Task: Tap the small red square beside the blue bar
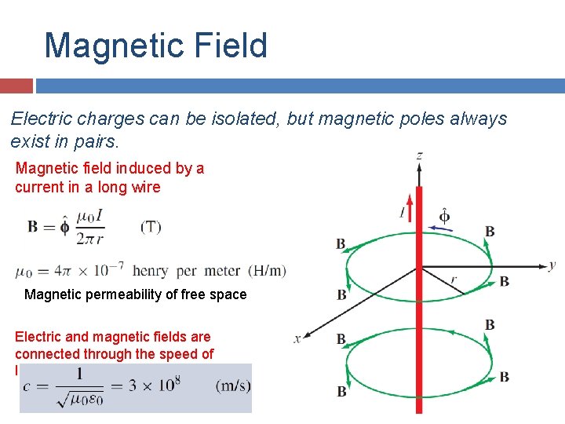[x=16, y=86]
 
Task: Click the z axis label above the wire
[x=420, y=155]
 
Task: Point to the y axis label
[x=552, y=265]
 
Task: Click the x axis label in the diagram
[x=297, y=338]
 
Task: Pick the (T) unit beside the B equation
[x=151, y=227]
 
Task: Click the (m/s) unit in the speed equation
[x=233, y=386]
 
